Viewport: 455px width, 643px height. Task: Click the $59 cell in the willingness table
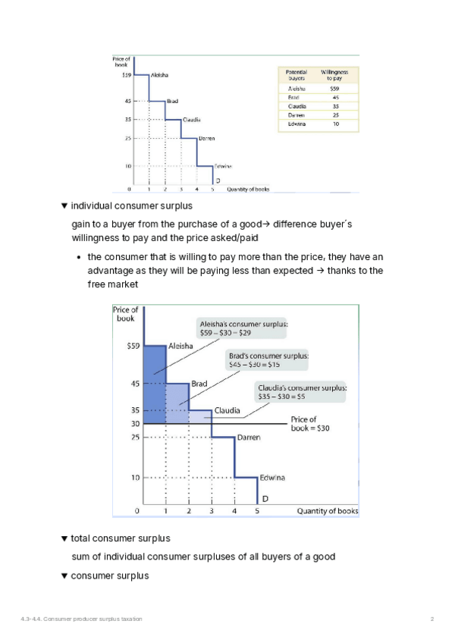coord(334,89)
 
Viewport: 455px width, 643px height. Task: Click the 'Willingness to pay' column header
coord(334,74)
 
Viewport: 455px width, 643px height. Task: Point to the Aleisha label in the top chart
coord(159,75)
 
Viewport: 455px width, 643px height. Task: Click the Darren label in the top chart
coord(206,138)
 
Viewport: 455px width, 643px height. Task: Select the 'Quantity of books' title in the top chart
coord(247,189)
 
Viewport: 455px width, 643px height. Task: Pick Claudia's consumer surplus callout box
coord(302,392)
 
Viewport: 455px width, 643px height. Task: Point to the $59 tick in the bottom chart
coord(130,347)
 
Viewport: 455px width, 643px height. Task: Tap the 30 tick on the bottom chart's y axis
coord(134,424)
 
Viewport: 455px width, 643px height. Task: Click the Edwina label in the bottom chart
coord(273,478)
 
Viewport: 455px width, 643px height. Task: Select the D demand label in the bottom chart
coord(265,499)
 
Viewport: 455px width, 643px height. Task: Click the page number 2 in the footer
coord(432,620)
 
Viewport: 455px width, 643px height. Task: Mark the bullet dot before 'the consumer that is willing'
coord(79,256)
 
